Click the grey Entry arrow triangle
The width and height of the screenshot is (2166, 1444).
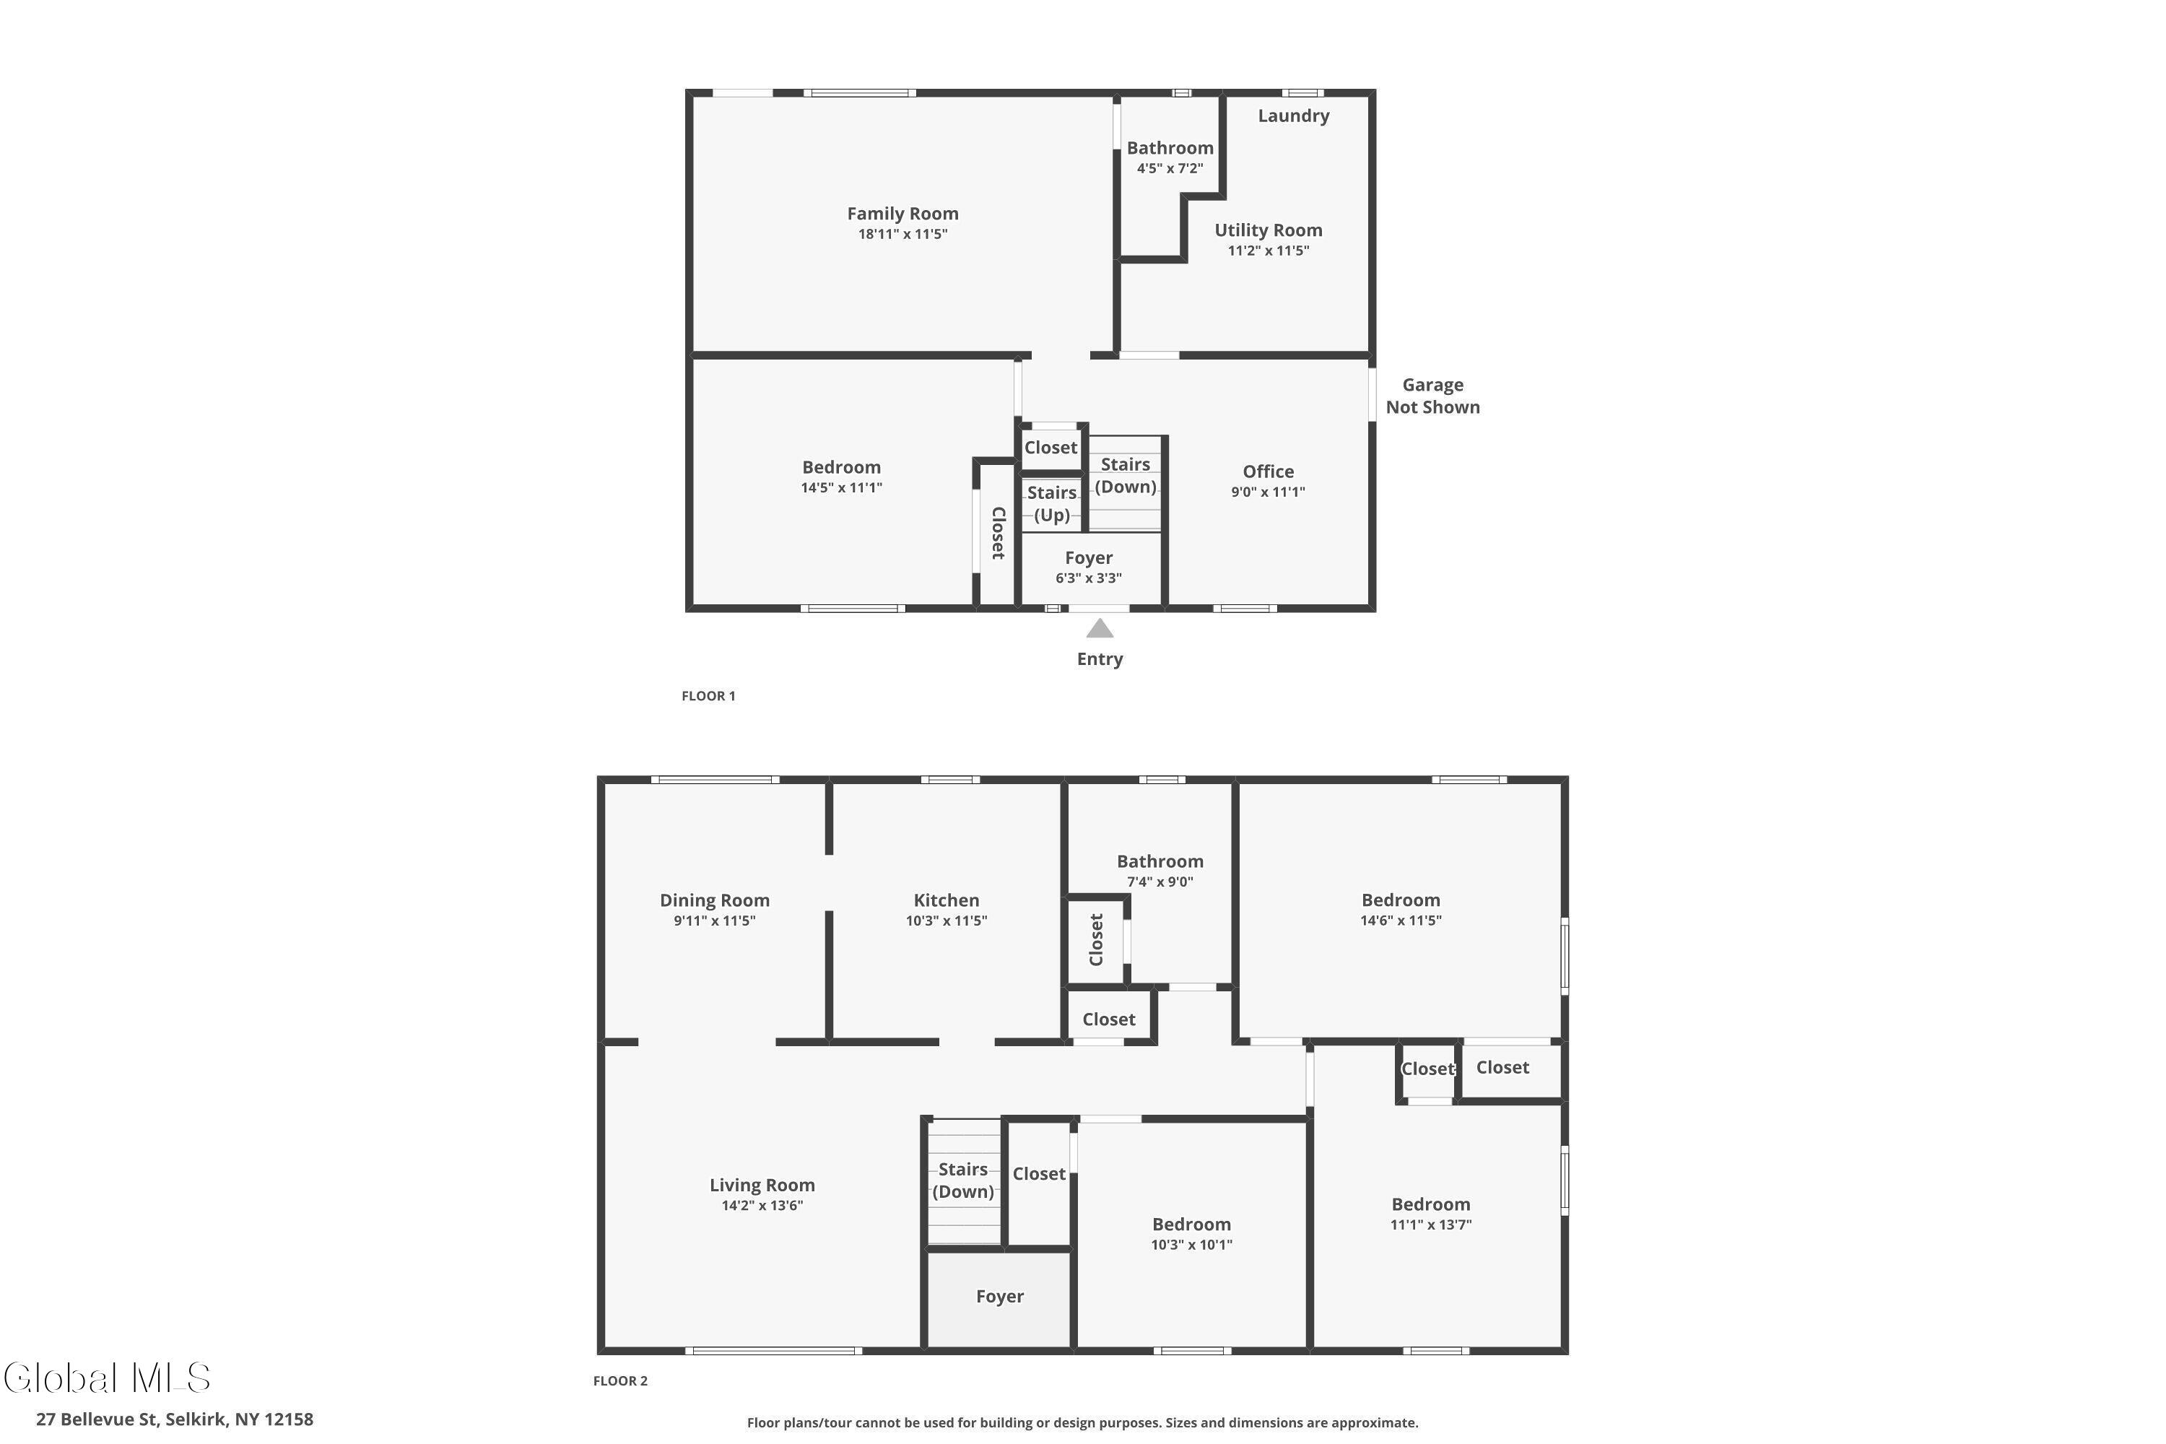(1100, 628)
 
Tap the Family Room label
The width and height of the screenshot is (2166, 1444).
(902, 214)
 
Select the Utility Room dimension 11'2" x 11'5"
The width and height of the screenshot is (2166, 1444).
(1268, 251)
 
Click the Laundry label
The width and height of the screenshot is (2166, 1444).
(1293, 116)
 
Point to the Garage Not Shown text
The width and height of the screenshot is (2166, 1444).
(1433, 396)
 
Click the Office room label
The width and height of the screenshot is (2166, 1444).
(1268, 471)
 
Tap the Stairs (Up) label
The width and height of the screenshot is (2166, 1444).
(1052, 504)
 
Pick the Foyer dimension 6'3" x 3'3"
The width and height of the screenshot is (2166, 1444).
(1089, 578)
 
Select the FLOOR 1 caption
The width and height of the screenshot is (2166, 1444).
(708, 696)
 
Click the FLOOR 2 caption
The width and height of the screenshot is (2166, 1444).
(619, 1380)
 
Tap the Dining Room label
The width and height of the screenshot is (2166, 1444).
(714, 900)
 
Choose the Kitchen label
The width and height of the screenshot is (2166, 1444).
(946, 900)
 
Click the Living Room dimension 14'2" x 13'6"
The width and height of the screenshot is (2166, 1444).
(762, 1206)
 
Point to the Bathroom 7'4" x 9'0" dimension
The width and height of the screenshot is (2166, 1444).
(1160, 882)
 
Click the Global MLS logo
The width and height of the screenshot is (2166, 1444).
(107, 1378)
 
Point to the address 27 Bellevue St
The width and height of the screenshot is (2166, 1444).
(97, 1419)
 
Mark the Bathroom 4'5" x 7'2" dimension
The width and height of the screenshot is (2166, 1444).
(1170, 168)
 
